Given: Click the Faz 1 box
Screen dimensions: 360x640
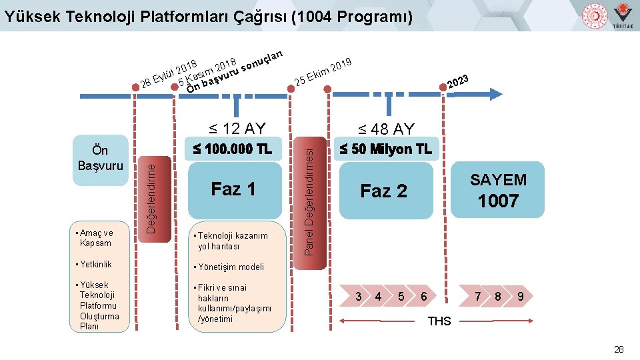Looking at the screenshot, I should (233, 189).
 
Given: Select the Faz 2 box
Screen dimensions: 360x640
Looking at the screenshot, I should (383, 191).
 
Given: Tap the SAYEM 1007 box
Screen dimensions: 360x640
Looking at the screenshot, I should (497, 190).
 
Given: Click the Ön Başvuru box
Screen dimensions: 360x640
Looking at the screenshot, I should (100, 158).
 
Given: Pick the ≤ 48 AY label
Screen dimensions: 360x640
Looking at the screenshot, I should (385, 129).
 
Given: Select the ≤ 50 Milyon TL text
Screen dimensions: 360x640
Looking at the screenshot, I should (385, 149).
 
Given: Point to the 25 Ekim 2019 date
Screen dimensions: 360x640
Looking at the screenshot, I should (323, 73).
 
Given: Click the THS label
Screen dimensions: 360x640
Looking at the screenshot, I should (439, 321).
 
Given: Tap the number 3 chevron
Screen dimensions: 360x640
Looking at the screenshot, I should (359, 295).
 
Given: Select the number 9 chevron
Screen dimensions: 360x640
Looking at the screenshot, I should (520, 295).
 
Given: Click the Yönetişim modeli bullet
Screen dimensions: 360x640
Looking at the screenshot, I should (231, 267).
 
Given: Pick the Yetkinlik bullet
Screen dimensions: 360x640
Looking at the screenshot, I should (95, 265).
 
